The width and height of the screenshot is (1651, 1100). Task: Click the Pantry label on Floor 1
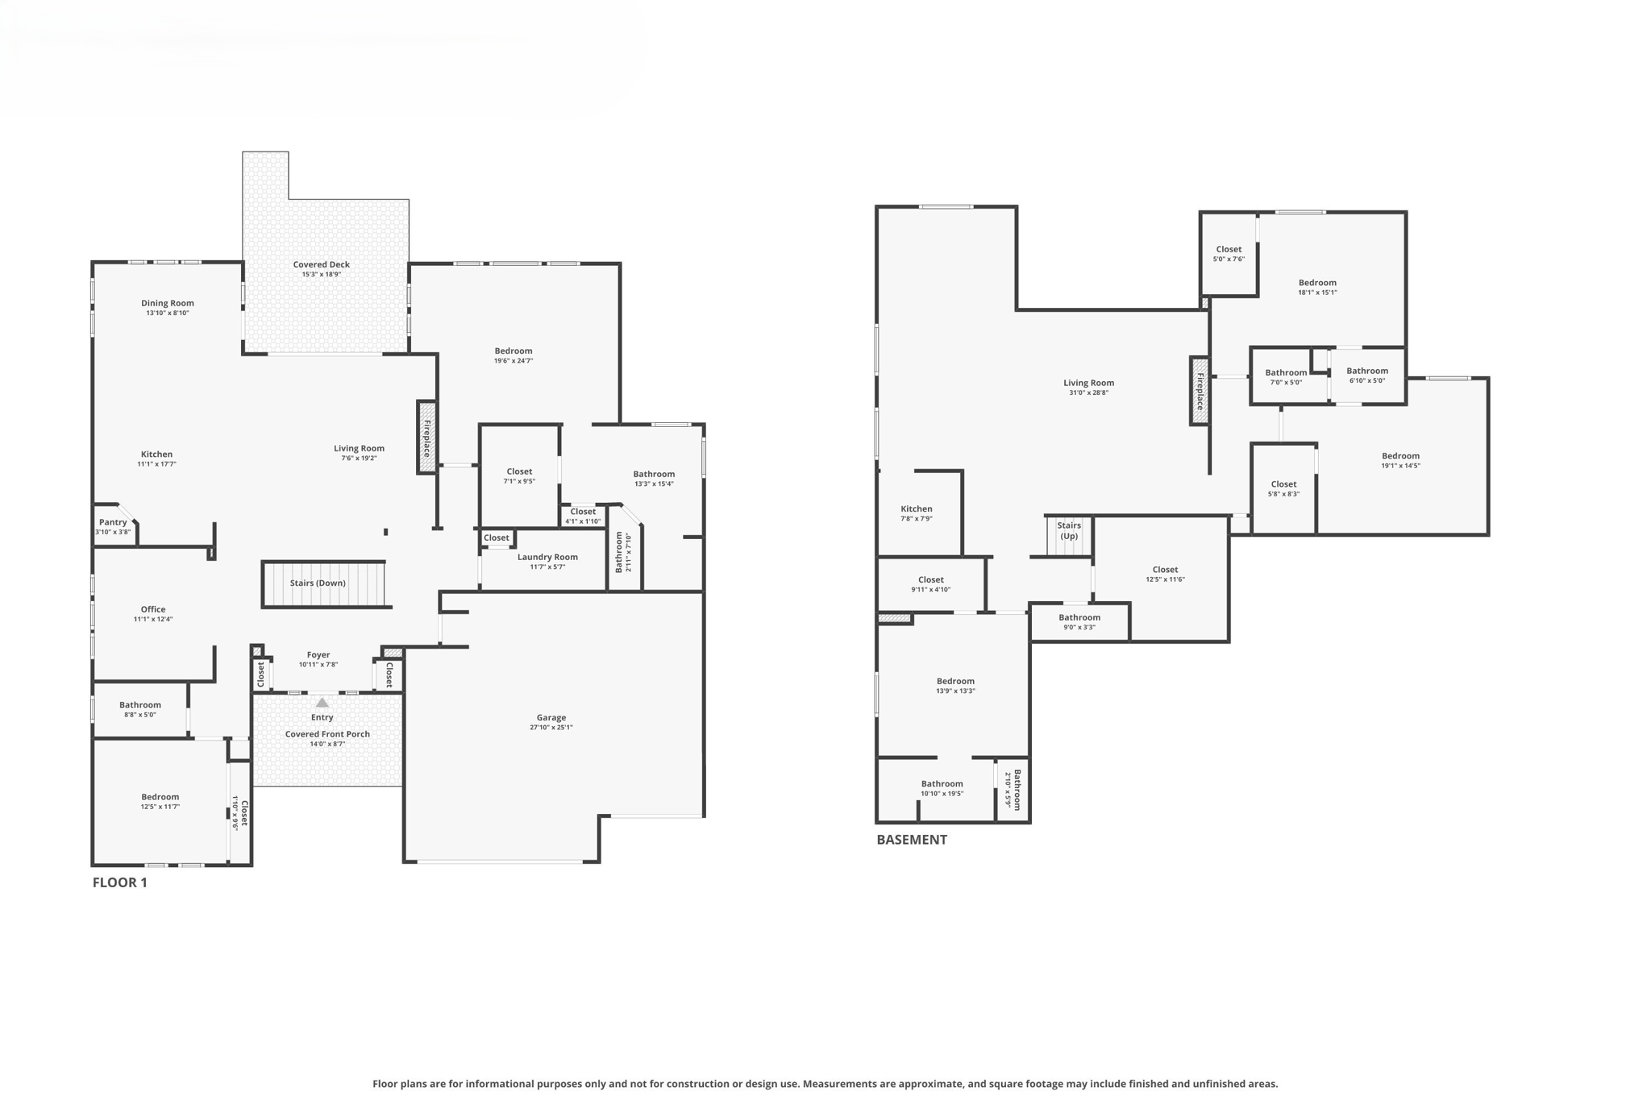pyautogui.click(x=113, y=522)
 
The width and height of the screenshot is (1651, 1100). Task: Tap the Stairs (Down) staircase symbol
pyautogui.click(x=323, y=583)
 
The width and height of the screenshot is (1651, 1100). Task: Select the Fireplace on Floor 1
pyautogui.click(x=426, y=438)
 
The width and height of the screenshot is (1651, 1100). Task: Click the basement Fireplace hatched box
pyautogui.click(x=1200, y=391)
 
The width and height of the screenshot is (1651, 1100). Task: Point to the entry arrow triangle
pyautogui.click(x=322, y=703)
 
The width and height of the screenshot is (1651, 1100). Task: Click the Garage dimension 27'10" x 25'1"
pyautogui.click(x=551, y=728)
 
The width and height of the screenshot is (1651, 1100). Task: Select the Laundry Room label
pyautogui.click(x=547, y=557)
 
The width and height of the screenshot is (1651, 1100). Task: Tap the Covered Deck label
pyautogui.click(x=321, y=264)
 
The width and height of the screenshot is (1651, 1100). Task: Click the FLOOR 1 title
pyautogui.click(x=119, y=882)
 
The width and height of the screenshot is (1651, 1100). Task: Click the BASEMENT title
pyautogui.click(x=911, y=840)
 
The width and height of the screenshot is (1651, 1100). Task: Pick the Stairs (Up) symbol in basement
pyautogui.click(x=1068, y=536)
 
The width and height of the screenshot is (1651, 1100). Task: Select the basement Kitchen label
pyautogui.click(x=916, y=508)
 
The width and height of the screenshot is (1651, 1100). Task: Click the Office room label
pyautogui.click(x=153, y=609)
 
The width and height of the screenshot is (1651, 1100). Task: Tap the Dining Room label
pyautogui.click(x=167, y=303)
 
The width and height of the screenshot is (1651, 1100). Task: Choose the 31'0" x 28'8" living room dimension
pyautogui.click(x=1087, y=393)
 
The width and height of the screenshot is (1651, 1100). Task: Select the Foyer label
pyautogui.click(x=318, y=655)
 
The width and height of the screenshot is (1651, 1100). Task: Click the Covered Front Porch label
pyautogui.click(x=327, y=734)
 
